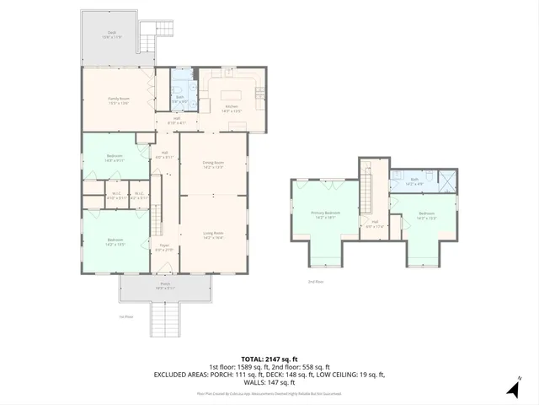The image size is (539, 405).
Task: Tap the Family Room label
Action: [x=118, y=100]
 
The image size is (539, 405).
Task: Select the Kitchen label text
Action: [x=232, y=108]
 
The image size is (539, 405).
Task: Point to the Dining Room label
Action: [x=213, y=165]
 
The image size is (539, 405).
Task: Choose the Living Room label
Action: [x=213, y=235]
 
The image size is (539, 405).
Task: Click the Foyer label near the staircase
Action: [x=166, y=247]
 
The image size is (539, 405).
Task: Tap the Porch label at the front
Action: [x=165, y=285]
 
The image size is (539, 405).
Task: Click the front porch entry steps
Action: [x=165, y=319]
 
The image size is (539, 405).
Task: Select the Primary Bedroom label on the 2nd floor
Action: [x=325, y=214]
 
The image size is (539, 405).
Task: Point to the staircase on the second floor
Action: [x=366, y=190]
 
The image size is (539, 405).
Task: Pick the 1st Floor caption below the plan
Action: [x=126, y=316]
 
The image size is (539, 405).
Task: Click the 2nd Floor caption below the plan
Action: [x=315, y=282]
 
